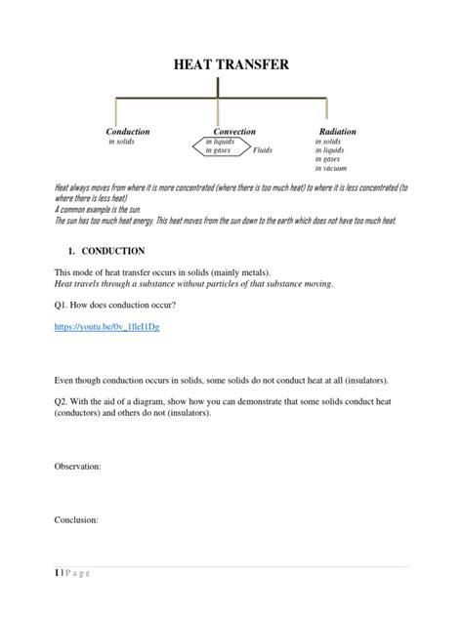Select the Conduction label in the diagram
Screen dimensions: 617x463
coord(128,131)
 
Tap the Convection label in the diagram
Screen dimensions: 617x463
coord(234,131)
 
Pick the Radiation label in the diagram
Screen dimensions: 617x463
coord(338,131)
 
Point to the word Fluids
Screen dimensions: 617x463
coord(263,151)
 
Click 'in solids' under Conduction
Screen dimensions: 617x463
coord(121,142)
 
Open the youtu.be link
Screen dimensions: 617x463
coord(106,328)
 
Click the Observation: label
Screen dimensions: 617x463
coord(77,467)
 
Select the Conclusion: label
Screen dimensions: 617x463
coord(75,520)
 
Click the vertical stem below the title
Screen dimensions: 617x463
coord(217,87)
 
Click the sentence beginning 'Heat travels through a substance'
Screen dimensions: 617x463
coord(193,283)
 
